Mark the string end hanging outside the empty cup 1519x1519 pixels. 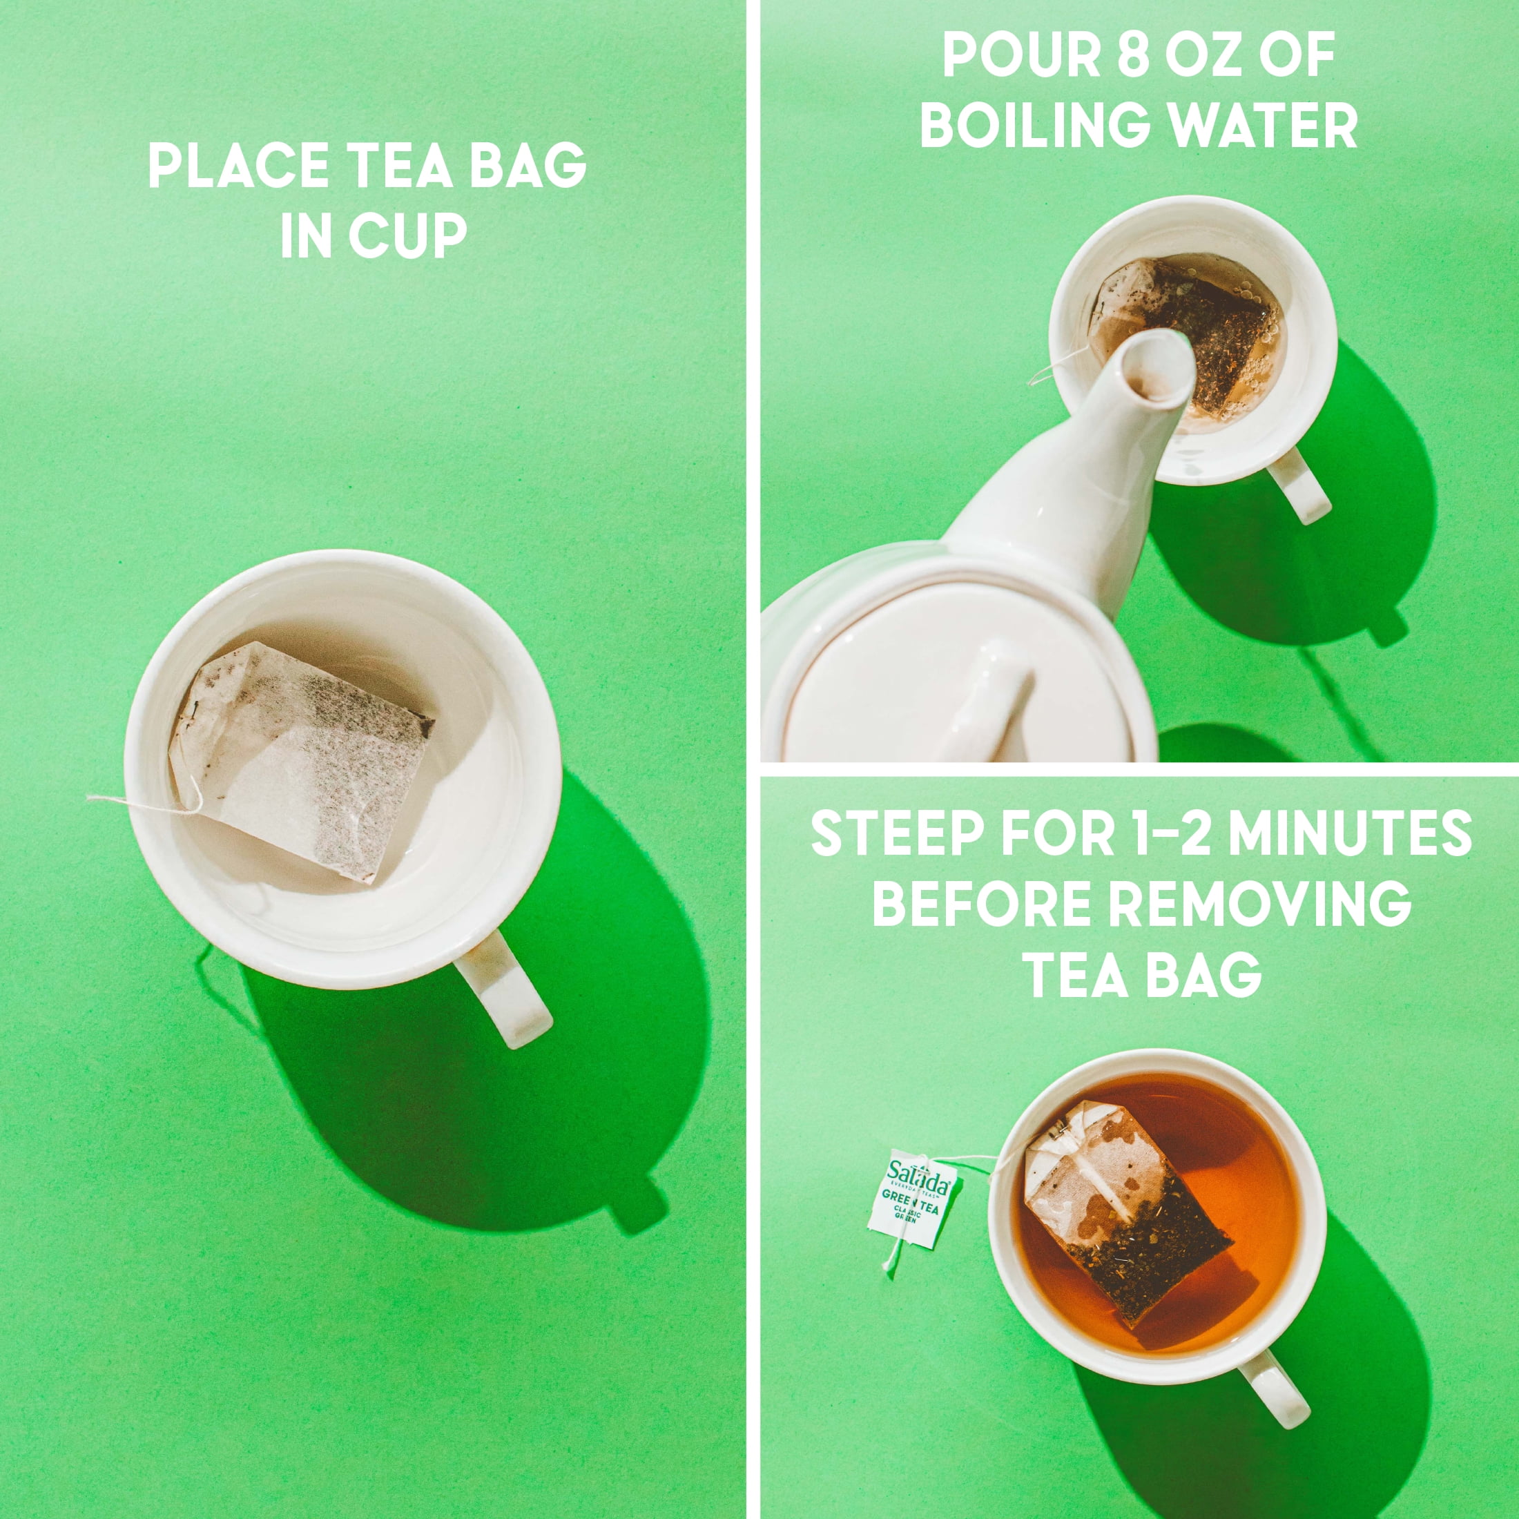pos(90,798)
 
